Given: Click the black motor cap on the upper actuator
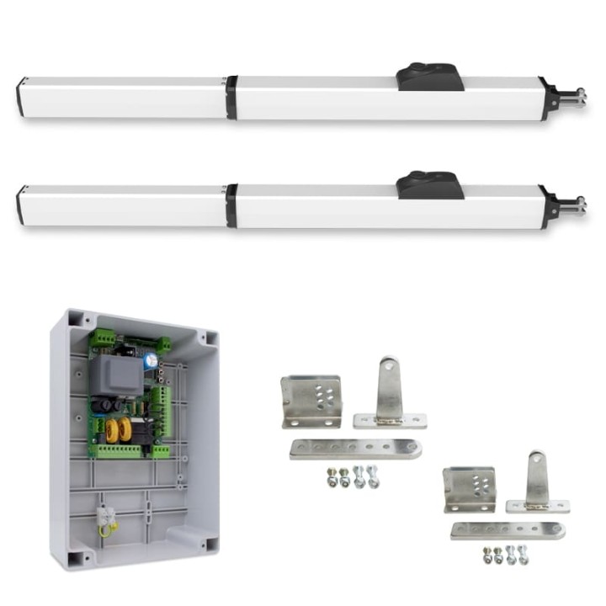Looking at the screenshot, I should pyautogui.click(x=429, y=77).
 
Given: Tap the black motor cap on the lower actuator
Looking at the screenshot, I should pyautogui.click(x=429, y=185).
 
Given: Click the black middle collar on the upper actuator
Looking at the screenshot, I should pyautogui.click(x=231, y=97).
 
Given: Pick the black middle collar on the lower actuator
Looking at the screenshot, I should pyautogui.click(x=231, y=205).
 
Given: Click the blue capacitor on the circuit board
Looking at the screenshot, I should pyautogui.click(x=150, y=359).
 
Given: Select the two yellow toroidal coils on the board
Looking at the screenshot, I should pyautogui.click(x=115, y=429).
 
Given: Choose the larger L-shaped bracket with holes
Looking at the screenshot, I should pyautogui.click(x=311, y=401).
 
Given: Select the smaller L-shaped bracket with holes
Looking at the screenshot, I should pyautogui.click(x=469, y=489).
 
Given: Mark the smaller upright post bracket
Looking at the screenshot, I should pyautogui.click(x=537, y=483).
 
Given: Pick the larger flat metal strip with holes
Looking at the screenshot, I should pyautogui.click(x=355, y=449).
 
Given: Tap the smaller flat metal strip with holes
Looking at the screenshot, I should pyautogui.click(x=507, y=530).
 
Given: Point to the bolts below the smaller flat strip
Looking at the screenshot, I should pyautogui.click(x=504, y=555).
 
